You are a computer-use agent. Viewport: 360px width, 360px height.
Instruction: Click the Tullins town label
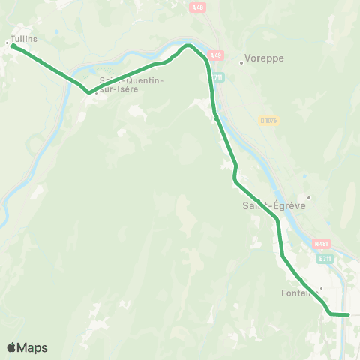pyautogui.click(x=25, y=38)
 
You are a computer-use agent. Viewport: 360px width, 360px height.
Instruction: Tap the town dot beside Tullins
pyautogui.click(x=8, y=43)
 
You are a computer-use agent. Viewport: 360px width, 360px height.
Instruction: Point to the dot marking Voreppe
pyautogui.click(x=241, y=62)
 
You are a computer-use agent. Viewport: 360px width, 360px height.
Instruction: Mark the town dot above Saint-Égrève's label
pyautogui.click(x=308, y=198)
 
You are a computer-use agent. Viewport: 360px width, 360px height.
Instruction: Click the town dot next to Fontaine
pyautogui.click(x=320, y=287)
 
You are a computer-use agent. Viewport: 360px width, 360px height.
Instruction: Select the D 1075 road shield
pyautogui.click(x=268, y=120)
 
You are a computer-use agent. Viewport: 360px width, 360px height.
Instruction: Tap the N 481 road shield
pyautogui.click(x=322, y=244)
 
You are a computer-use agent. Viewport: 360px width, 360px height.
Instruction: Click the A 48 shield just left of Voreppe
pyautogui.click(x=216, y=55)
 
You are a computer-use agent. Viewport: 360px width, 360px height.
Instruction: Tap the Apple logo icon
pyautogui.click(x=12, y=347)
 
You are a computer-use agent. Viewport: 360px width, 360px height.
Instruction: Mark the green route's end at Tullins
pyautogui.click(x=13, y=46)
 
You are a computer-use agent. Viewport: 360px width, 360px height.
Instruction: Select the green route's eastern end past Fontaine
pyautogui.click(x=349, y=314)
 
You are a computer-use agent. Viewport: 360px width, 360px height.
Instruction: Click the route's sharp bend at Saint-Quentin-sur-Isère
pyautogui.click(x=88, y=93)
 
